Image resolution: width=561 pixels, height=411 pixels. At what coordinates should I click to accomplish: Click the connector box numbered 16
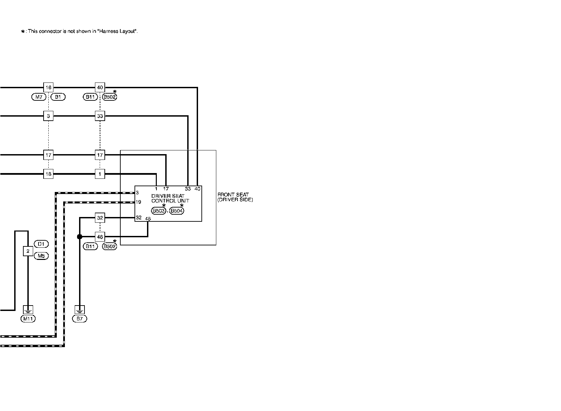pos(48,88)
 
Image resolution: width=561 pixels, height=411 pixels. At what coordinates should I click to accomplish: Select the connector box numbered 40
pos(100,88)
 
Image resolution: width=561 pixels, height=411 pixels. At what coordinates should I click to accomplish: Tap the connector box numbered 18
pos(48,174)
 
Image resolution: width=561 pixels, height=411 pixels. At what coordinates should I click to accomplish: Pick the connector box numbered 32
pos(100,218)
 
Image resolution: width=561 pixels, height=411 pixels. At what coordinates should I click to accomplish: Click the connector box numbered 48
pos(100,237)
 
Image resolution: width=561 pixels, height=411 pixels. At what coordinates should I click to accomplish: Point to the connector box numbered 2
pos(28,251)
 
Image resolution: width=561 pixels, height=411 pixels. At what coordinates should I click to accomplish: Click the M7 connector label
pos(39,97)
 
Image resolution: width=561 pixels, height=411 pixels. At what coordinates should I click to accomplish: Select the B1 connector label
pos(58,97)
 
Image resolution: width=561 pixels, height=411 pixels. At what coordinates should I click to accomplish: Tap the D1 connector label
pos(41,244)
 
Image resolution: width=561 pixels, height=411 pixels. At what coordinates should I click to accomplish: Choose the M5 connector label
pos(41,256)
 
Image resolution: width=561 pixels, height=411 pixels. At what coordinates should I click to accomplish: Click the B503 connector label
pos(158,211)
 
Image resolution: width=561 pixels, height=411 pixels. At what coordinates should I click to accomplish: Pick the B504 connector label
pos(177,211)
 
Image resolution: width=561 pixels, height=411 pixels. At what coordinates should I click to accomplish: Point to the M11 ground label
pos(28,318)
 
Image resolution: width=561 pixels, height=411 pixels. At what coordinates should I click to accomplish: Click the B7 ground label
pos(80,318)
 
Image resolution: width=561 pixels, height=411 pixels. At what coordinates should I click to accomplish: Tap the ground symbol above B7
pos(80,309)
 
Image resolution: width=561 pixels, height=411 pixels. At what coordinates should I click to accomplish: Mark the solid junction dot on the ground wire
pos(80,237)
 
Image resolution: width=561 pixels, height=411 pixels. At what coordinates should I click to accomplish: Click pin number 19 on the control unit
pos(138,202)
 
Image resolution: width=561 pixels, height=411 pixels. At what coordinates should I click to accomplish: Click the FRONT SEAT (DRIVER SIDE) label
pos(235,197)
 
